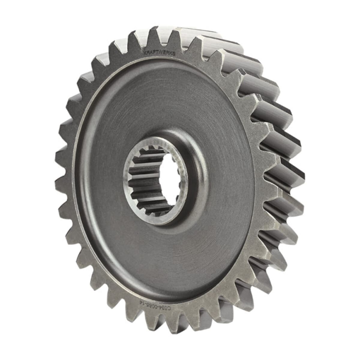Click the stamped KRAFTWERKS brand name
tap(159, 53)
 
